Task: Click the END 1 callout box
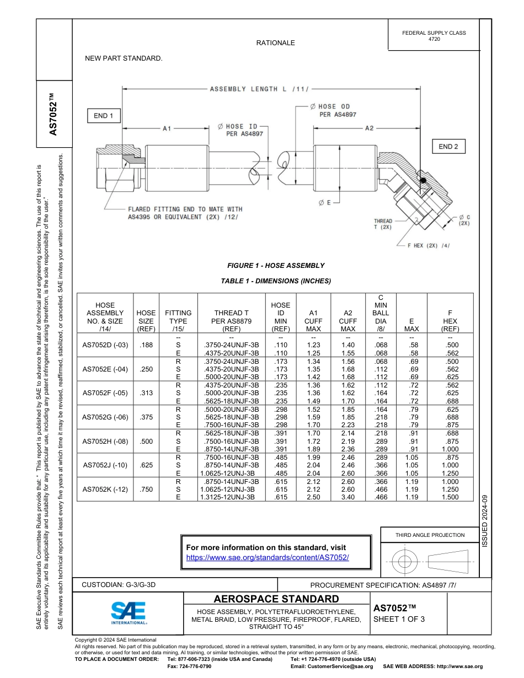(104, 116)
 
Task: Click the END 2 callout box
(448, 147)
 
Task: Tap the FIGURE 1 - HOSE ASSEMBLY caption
(276, 265)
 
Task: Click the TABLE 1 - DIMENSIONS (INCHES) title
(276, 281)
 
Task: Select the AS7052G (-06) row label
(105, 417)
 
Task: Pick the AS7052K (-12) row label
(105, 489)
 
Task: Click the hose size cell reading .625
(146, 465)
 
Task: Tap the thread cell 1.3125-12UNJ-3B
(228, 497)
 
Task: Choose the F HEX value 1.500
(450, 497)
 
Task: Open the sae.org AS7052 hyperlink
(268, 557)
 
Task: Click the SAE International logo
(129, 612)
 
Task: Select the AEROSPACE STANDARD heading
(276, 599)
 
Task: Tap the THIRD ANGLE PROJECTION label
(430, 535)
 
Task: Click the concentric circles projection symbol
(405, 562)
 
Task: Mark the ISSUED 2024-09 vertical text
(485, 521)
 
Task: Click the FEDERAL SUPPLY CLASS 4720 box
(434, 36)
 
